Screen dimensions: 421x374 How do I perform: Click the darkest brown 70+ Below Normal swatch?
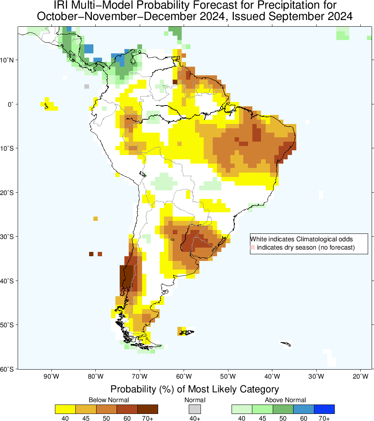(x=148, y=409)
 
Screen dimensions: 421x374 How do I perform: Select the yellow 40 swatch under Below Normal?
(x=65, y=409)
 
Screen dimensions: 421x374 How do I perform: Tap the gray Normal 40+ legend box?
(x=195, y=409)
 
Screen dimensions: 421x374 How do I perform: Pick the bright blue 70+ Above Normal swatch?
(x=324, y=409)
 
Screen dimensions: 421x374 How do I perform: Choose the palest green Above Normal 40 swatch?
(x=242, y=409)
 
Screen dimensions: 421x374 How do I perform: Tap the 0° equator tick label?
(x=11, y=104)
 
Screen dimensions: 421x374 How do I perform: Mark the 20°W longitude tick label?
(x=360, y=377)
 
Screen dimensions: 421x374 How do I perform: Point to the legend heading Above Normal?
(x=285, y=400)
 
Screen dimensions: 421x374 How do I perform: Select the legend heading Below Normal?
(x=109, y=400)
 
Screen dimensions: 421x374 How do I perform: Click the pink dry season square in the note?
(x=253, y=248)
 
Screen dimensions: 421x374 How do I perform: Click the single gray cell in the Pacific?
(x=87, y=86)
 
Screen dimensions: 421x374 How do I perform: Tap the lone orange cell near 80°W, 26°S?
(x=96, y=219)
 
